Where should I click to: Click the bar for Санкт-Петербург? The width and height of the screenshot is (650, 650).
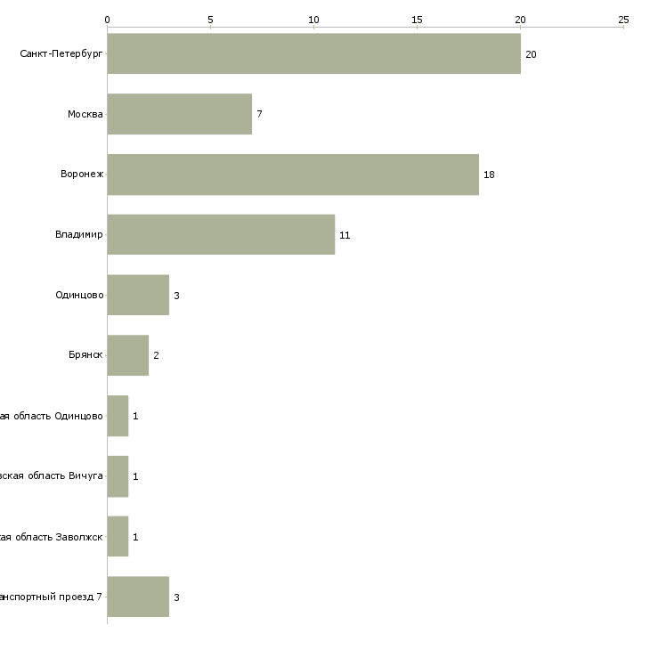(x=313, y=53)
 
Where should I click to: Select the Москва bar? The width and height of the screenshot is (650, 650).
(x=179, y=114)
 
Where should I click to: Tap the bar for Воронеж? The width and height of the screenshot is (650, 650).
(x=293, y=175)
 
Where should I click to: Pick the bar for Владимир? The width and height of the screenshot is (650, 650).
(x=221, y=234)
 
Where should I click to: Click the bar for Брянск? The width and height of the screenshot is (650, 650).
(x=127, y=355)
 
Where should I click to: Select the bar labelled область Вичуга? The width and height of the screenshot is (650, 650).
(x=118, y=476)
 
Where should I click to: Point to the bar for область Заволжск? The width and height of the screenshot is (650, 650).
(x=118, y=537)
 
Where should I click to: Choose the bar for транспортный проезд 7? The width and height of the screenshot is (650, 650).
(x=138, y=597)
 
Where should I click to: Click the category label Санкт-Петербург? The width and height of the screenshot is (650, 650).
(x=61, y=54)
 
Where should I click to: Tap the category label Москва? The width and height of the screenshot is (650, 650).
(x=85, y=115)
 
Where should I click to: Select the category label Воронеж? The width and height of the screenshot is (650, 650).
(x=82, y=175)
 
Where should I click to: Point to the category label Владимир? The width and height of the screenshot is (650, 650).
(x=79, y=235)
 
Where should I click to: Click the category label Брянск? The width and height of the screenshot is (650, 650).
(x=86, y=355)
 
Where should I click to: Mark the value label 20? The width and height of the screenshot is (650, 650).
(x=531, y=54)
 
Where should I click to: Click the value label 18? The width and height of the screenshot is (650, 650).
(x=489, y=175)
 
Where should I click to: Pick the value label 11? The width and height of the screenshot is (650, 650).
(x=345, y=235)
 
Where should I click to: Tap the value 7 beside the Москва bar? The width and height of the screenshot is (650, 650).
(x=259, y=115)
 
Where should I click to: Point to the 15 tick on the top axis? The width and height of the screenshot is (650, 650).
(x=417, y=19)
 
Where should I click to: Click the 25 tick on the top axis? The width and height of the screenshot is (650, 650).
(x=623, y=19)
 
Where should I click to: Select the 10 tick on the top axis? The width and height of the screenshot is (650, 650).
(x=313, y=19)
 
